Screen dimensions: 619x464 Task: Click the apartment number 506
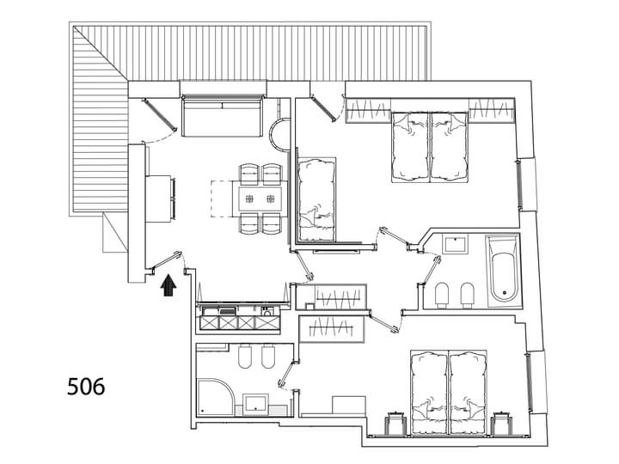pos(86,387)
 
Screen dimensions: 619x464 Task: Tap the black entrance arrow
pos(169,285)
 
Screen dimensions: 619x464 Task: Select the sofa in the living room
pos(223,117)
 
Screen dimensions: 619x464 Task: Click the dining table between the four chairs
pos(260,198)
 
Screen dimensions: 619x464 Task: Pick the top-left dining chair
pos(249,174)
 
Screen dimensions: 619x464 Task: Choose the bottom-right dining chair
pos(273,223)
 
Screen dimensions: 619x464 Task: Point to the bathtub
pos(503,271)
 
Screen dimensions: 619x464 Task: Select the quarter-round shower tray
pos(216,396)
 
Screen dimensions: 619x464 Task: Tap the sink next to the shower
pos(255,405)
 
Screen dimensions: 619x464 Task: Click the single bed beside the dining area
pos(316,199)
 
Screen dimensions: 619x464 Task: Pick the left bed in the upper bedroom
pos(410,147)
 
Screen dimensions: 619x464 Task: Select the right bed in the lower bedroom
pos(468,393)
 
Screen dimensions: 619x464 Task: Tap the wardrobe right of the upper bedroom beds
pos(492,110)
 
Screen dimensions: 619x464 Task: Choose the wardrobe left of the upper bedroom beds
pos(368,110)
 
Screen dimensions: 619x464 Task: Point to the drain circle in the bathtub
pos(504,293)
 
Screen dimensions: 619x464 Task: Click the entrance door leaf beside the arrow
pos(167,261)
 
